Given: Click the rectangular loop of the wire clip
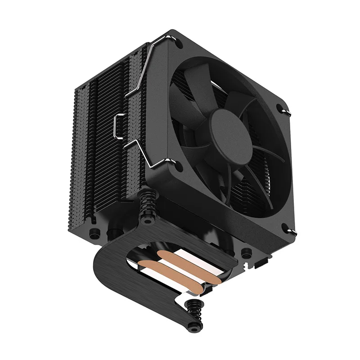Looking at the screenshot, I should coord(118,126).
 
